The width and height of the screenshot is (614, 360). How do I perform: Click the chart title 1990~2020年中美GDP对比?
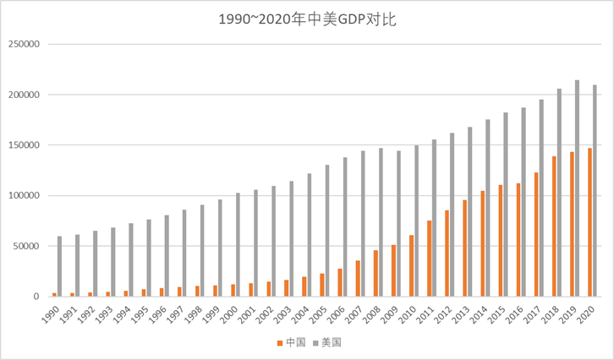307,19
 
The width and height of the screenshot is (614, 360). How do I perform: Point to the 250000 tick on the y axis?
22,44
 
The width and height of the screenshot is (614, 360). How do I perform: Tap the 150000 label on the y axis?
22,145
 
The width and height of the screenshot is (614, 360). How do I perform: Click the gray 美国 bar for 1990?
59,266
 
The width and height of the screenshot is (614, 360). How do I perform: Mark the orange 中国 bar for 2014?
482,243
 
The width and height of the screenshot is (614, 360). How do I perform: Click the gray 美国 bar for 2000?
238,245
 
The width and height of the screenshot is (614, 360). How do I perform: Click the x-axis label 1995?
141,313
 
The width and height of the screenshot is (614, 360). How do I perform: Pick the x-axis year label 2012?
444,313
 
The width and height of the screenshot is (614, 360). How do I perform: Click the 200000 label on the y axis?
22,95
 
